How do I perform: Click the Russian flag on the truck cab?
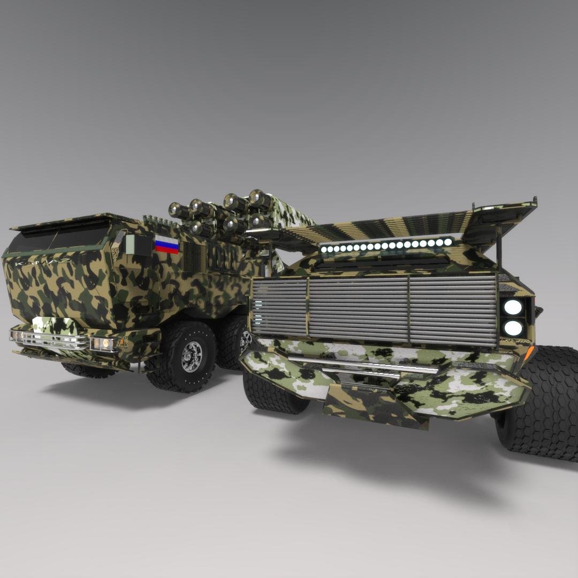click(167, 245)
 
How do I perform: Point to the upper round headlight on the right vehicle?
click(513, 307)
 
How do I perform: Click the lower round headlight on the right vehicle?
click(513, 328)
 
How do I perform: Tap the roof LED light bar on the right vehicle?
click(385, 246)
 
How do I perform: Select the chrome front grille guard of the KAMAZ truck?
click(51, 339)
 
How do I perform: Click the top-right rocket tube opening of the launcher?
click(259, 199)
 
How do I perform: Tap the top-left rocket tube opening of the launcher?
click(176, 210)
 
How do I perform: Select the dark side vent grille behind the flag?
click(193, 256)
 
